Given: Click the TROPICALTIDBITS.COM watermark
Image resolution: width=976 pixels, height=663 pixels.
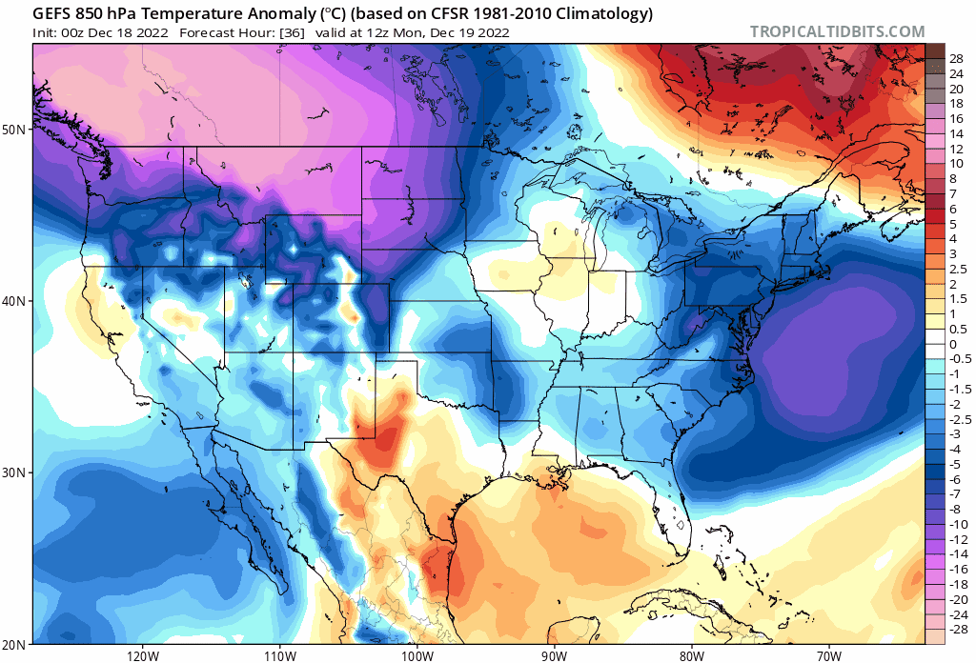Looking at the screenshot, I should pos(837,31).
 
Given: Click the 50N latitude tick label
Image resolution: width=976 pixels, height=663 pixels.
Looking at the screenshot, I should pos(16,129).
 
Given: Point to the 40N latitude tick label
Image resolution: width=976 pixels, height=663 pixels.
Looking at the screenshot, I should pos(16,300).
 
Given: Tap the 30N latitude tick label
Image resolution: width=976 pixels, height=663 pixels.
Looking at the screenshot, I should pos(16,472).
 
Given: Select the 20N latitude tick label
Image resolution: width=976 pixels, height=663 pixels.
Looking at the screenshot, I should pos(16,644).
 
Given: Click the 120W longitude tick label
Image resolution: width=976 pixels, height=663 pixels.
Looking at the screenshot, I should pos(142,655).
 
